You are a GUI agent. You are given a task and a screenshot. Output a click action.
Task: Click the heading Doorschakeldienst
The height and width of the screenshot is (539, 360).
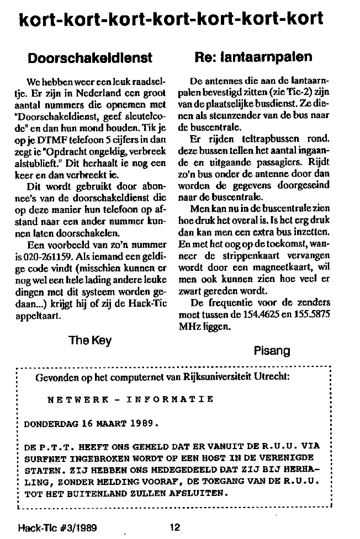coord(90,57)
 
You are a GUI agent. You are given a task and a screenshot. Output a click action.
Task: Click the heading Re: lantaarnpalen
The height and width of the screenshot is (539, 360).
coord(254,57)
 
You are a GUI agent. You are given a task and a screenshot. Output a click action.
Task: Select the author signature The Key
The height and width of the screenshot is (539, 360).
coord(89,340)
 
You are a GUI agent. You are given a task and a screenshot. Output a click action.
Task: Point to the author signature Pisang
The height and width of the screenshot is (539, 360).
coord(271,349)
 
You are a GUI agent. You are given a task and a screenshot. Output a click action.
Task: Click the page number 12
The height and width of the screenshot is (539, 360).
coord(175,527)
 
